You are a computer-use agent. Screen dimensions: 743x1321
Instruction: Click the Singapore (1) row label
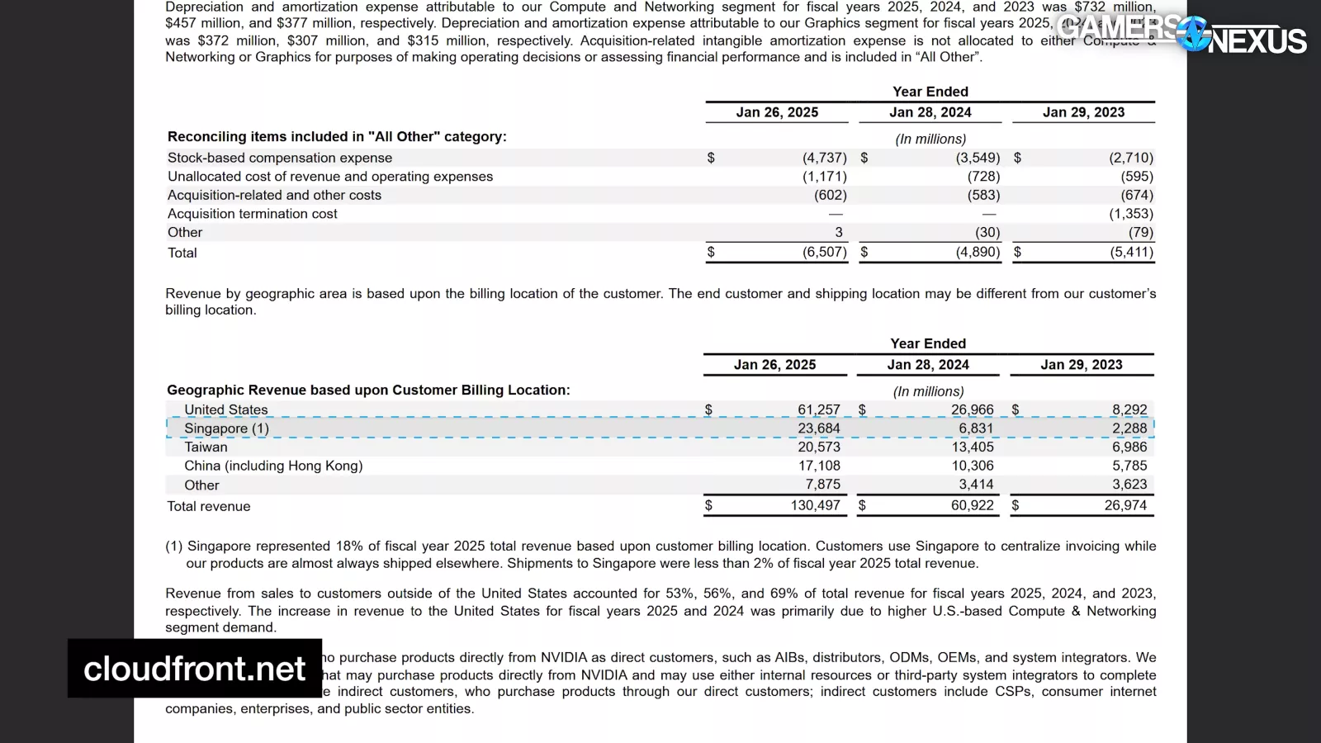coord(226,428)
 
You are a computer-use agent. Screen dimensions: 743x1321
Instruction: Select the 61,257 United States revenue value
coord(818,409)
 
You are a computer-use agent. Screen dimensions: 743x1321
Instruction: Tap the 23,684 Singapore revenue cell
coord(818,428)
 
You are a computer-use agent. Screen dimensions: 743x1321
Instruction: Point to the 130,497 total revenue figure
coord(815,505)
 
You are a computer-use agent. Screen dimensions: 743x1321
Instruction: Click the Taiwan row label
coord(206,447)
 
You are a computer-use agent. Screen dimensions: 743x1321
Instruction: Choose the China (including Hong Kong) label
coord(273,466)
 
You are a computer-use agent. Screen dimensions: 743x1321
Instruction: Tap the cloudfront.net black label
coord(195,669)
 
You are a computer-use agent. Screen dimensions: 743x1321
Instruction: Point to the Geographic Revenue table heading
coord(368,390)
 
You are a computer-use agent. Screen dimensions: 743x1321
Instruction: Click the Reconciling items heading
coord(337,136)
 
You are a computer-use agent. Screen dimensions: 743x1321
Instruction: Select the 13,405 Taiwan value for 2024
coord(973,447)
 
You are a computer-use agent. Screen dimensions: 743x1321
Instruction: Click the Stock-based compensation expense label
coord(280,158)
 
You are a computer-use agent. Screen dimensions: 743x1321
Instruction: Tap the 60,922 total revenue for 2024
coord(972,505)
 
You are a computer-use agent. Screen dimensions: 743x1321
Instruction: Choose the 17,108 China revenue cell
coord(818,466)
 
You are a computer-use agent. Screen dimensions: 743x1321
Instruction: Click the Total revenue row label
coord(209,506)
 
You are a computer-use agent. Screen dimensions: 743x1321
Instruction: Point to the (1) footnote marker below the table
coord(173,546)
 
